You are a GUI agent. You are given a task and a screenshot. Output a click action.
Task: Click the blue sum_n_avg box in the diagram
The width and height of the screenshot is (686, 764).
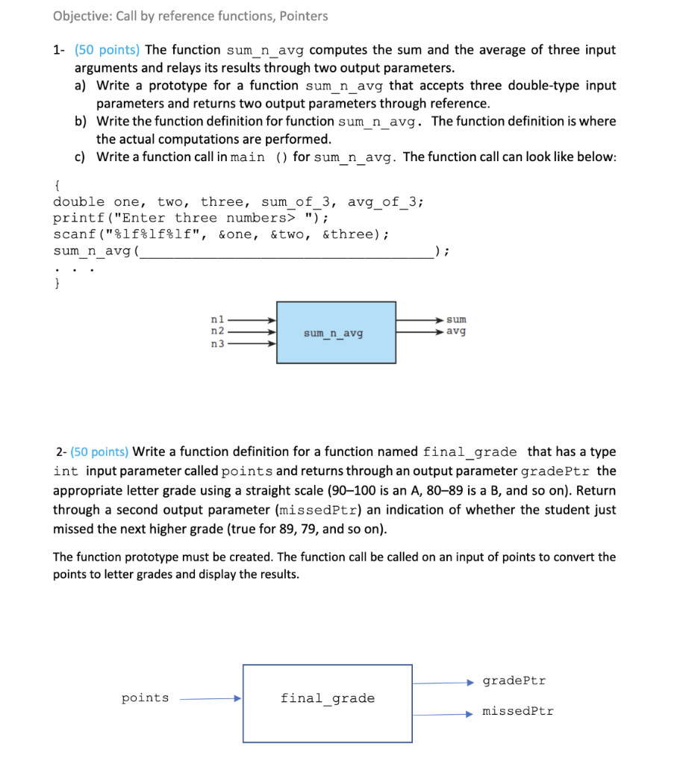tap(336, 333)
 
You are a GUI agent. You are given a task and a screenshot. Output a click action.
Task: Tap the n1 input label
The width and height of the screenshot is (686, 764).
tap(218, 319)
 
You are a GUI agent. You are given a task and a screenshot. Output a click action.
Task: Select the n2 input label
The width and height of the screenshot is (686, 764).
tap(218, 331)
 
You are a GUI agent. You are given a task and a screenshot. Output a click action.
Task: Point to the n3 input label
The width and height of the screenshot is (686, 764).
tap(218, 343)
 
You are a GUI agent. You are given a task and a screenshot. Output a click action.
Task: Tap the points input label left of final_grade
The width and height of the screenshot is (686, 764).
tap(145, 698)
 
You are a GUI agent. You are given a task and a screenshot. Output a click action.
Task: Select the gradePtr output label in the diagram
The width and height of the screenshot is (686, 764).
tap(514, 680)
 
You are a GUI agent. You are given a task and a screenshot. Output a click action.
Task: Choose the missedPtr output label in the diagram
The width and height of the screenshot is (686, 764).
tap(518, 711)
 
